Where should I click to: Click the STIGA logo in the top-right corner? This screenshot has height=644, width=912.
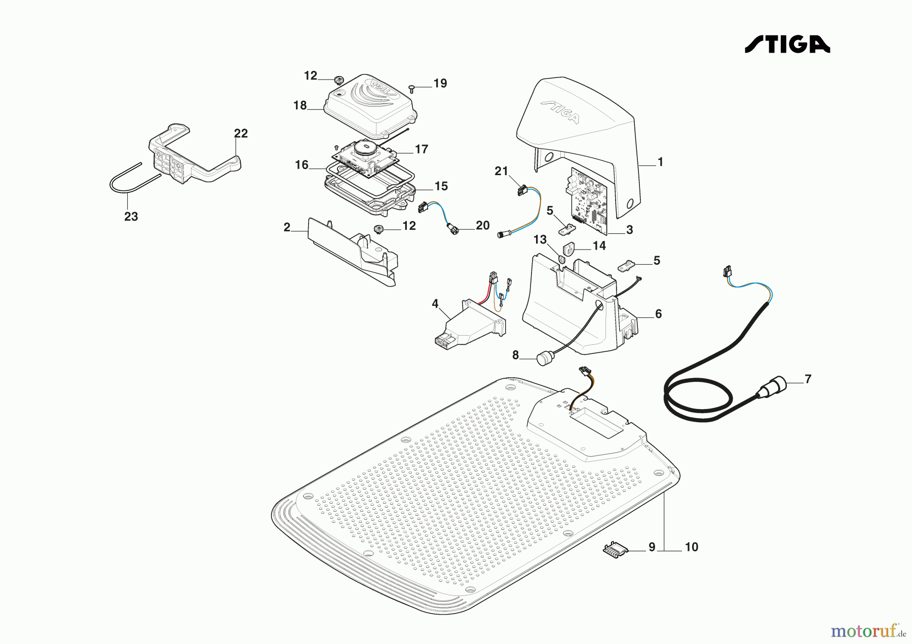point(787,44)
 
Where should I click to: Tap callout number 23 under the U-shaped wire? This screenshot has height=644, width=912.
point(131,217)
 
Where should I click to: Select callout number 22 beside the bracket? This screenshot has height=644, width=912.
point(241,134)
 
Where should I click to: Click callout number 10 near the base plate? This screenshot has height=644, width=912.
point(691,547)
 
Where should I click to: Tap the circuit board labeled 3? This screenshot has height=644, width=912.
point(588,200)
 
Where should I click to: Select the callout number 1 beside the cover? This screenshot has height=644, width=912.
point(660,163)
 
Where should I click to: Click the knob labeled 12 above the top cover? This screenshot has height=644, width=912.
point(338,80)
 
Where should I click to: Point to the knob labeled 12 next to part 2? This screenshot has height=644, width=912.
point(378,230)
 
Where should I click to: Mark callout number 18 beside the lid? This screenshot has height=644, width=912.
point(300,106)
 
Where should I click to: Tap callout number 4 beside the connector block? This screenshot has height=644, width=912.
point(435,304)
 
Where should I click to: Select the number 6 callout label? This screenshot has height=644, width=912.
point(658,314)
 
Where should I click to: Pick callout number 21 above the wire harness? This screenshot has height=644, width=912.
point(501,172)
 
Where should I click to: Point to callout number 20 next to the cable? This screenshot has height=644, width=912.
point(482,226)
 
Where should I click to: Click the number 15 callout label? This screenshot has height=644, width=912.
point(441,186)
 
